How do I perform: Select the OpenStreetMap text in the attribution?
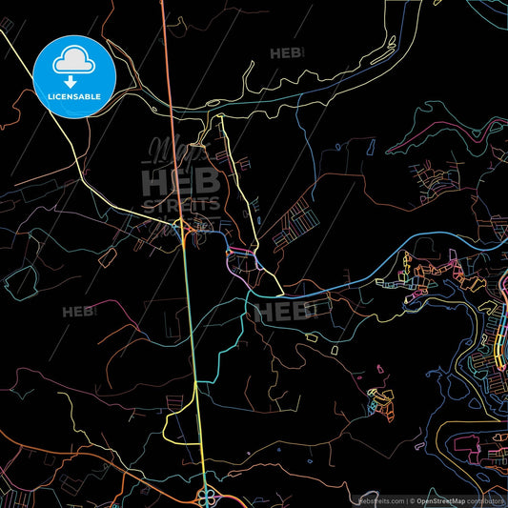pos(440,500)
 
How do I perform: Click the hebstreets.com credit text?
pos(381,500)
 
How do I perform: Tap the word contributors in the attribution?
pos(485,500)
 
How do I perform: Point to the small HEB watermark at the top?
pos(286,53)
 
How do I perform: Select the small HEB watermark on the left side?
pos(79,311)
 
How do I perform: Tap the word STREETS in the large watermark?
pos(181,202)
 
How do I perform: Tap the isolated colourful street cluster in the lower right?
pos(381,400)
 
